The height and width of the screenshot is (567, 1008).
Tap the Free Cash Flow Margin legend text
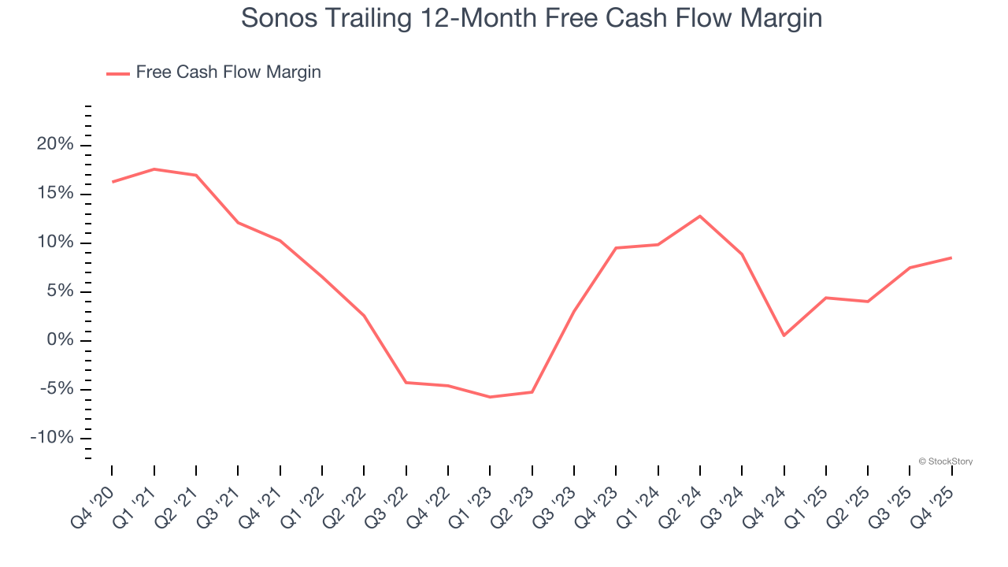228,72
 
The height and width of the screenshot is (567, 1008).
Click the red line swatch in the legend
118,73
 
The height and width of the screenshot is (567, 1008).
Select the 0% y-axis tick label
61,340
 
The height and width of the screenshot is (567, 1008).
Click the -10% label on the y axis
52,438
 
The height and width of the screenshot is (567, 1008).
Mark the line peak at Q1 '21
154,169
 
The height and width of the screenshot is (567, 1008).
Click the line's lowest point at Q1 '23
490,397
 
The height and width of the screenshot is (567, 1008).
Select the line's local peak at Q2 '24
700,216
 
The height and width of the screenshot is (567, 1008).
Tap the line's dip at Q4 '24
784,335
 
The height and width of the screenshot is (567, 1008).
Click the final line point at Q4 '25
951,258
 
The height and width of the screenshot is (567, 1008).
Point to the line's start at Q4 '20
112,182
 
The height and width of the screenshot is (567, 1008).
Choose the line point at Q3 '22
406,383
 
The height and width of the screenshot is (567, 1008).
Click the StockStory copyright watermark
945,461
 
